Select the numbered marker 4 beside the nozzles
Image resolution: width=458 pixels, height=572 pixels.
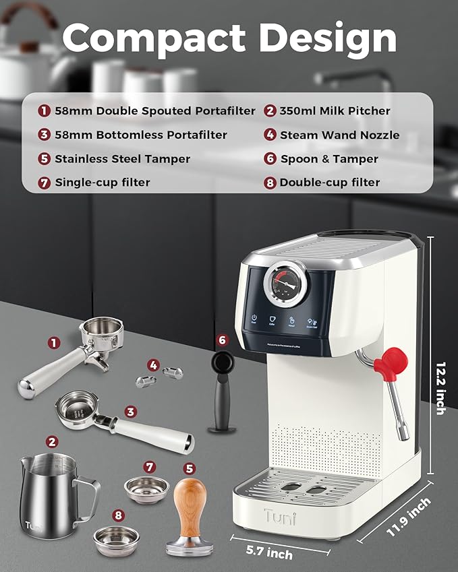point(154,365)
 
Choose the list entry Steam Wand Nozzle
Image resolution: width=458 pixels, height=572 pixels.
point(340,135)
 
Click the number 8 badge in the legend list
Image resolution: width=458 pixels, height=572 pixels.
point(270,182)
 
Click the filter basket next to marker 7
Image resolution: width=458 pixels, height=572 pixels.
point(146,485)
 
